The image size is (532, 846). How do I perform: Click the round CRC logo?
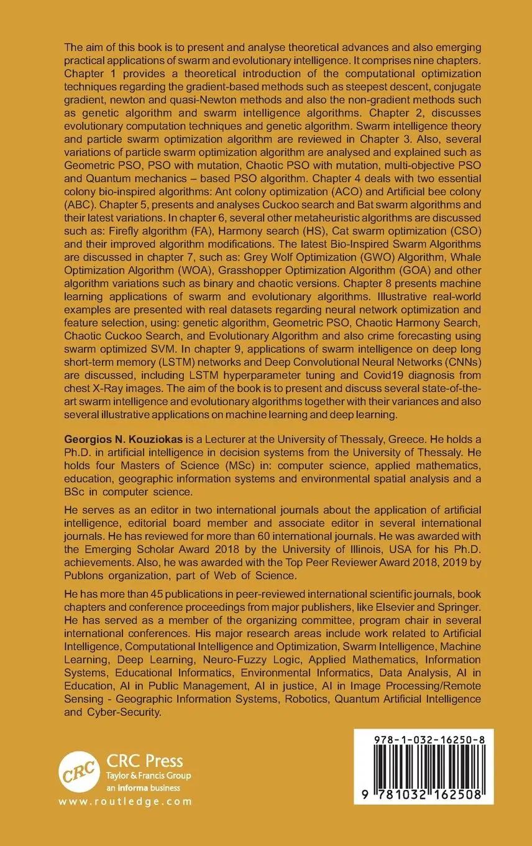(79, 772)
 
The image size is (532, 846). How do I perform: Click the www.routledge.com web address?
(126, 802)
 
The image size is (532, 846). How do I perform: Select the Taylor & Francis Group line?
(149, 776)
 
